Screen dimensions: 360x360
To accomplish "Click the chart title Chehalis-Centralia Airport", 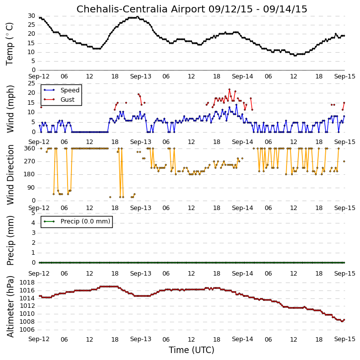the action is click(141, 9).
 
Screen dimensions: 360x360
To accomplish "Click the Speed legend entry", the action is click(62, 90).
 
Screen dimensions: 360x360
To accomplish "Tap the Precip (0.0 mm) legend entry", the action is click(76, 221).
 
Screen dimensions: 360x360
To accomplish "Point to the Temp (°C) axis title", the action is click(9, 44).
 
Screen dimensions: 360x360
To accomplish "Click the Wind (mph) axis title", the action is click(10, 109).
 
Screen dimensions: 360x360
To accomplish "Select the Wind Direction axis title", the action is click(10, 175).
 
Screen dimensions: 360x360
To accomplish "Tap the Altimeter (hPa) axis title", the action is click(10, 306).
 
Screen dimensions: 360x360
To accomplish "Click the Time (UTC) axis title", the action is click(192, 350).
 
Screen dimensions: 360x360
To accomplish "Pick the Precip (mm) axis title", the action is click(10, 240).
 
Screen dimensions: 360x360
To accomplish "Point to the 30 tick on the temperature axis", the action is click(31, 16).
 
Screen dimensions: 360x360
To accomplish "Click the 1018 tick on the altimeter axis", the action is click(27, 283).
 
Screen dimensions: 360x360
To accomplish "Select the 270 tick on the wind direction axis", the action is click(29, 161).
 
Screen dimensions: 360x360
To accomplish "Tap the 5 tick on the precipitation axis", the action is click(33, 213).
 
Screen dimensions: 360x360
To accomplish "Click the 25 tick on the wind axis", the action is click(31, 83).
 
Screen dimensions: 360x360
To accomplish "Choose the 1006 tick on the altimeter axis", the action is click(27, 330).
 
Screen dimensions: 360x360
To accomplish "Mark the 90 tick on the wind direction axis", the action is click(31, 188).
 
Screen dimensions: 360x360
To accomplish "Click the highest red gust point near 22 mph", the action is click(229, 89).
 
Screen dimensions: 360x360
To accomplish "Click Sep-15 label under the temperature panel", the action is click(345, 76).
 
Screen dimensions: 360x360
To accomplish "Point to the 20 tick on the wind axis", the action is click(31, 93).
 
